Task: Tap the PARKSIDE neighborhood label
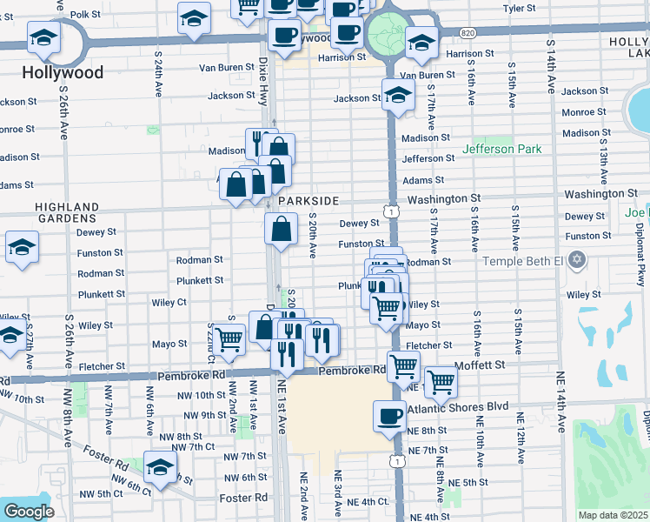[308, 201]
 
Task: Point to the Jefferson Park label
[501, 150]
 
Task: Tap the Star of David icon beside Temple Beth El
[574, 260]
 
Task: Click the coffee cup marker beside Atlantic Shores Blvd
[388, 415]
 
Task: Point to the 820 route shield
[468, 32]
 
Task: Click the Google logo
[29, 512]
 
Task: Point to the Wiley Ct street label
[169, 303]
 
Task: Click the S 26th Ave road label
[65, 114]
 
